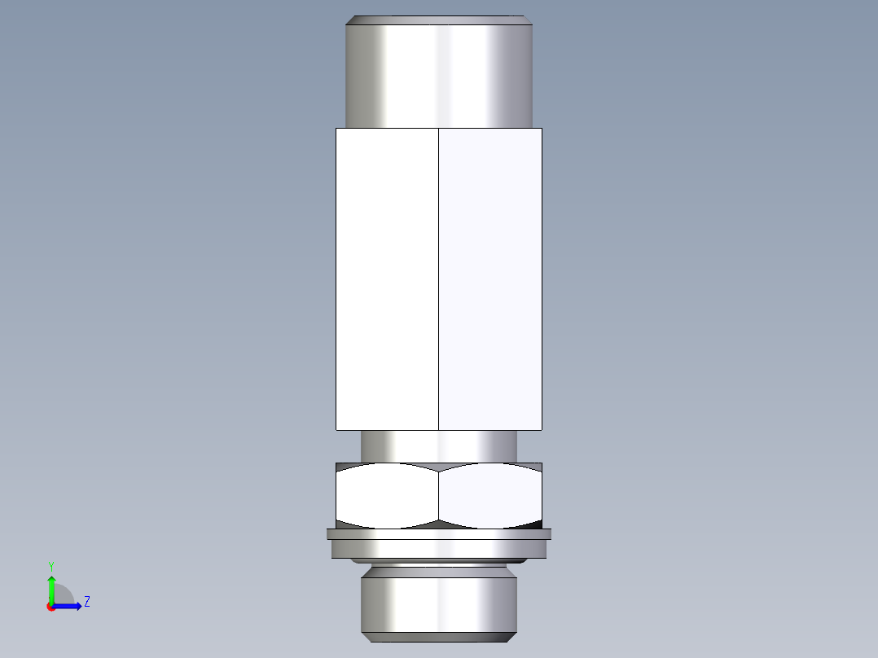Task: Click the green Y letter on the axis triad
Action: [50, 564]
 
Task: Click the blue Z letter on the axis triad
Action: [86, 602]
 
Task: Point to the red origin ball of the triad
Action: [50, 607]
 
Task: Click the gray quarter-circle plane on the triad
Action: [63, 595]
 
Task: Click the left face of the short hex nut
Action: [387, 494]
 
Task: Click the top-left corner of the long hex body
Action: [336, 129]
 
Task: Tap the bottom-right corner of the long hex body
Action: [542, 429]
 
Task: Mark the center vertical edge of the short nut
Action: [438, 494]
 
